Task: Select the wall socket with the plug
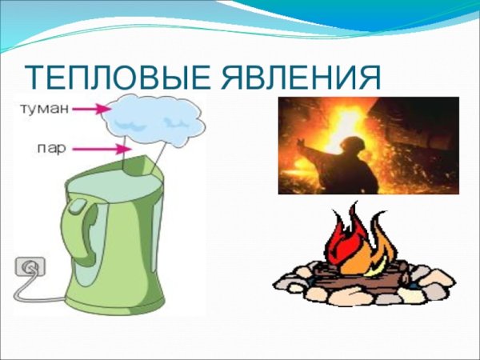pos(28,268)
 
